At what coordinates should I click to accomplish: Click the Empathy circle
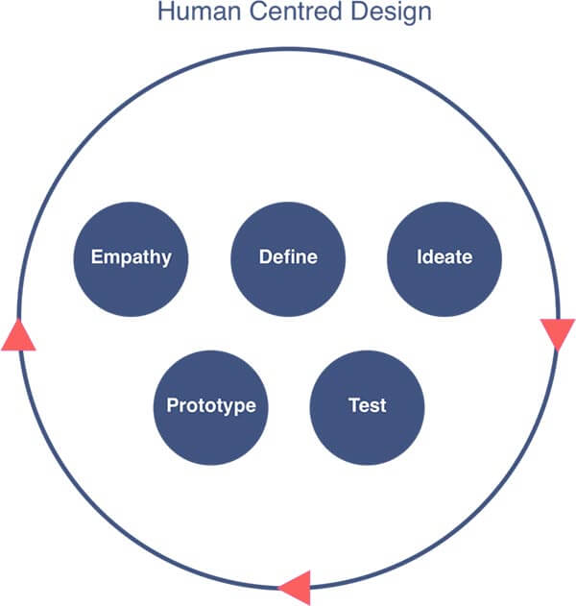click(132, 257)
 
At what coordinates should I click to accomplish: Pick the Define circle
click(288, 257)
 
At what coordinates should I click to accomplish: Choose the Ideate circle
click(444, 257)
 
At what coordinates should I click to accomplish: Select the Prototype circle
click(211, 405)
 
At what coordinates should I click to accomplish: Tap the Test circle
click(367, 405)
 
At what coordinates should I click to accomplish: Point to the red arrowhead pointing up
click(18, 335)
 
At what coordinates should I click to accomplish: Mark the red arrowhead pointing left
click(295, 585)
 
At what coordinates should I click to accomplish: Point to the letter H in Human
click(163, 13)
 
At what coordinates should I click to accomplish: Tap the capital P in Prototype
click(172, 405)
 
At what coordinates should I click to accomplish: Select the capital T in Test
click(352, 405)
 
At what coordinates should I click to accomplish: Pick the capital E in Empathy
click(96, 257)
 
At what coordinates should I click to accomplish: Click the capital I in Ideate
click(420, 257)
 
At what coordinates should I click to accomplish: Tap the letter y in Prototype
click(227, 407)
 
